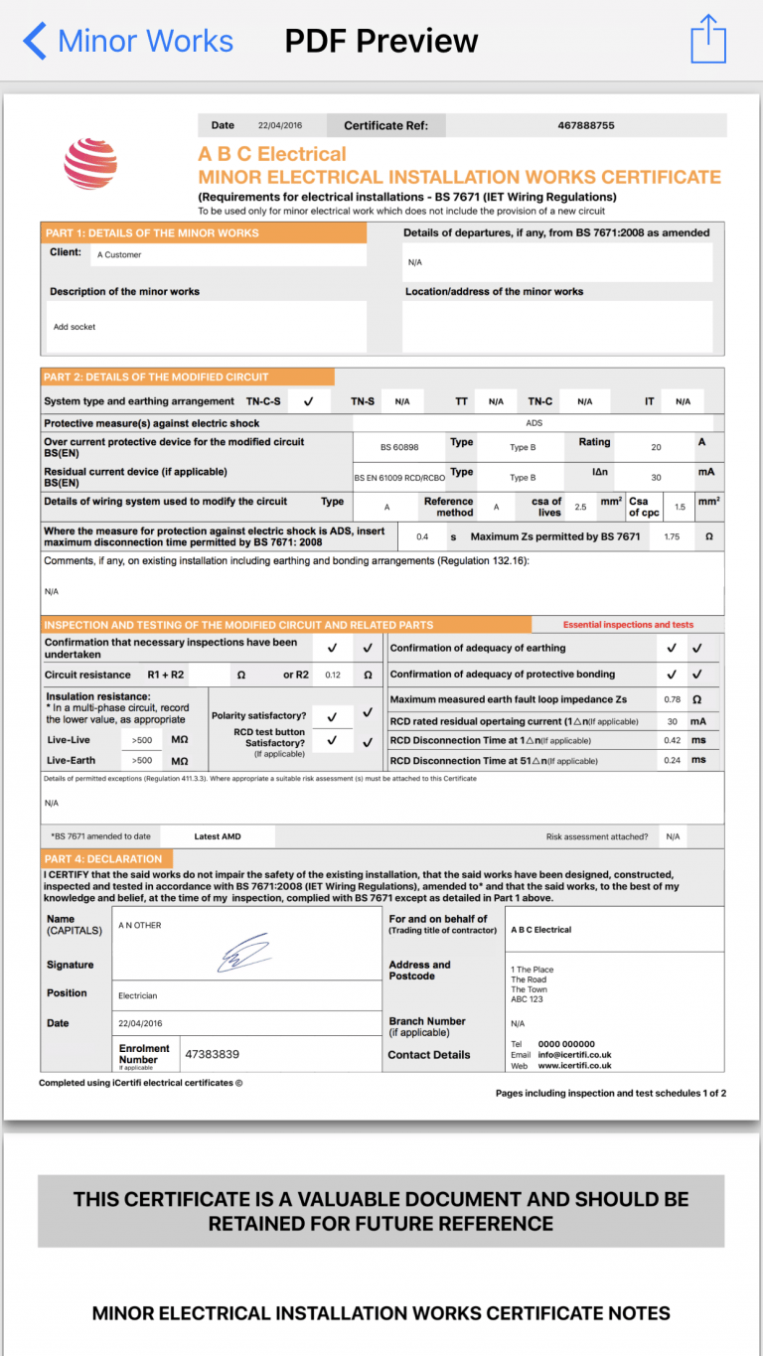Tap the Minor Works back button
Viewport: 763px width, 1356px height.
click(x=127, y=41)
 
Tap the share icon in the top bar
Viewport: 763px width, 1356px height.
click(x=708, y=40)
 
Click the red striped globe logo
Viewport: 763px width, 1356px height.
click(x=90, y=163)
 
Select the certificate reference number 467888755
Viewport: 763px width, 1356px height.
click(x=585, y=125)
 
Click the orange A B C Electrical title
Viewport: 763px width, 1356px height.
click(x=272, y=154)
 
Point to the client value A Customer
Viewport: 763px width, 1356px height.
click(x=119, y=255)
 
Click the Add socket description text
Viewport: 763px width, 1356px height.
click(x=75, y=327)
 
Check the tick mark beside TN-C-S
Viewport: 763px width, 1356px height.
click(x=308, y=401)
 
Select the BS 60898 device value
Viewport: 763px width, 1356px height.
click(x=399, y=448)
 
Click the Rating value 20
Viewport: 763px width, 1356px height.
click(x=656, y=448)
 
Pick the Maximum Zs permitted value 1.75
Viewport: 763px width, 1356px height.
click(x=672, y=537)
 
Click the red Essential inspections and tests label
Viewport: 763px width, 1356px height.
click(x=628, y=625)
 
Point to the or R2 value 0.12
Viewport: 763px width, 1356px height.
click(x=333, y=676)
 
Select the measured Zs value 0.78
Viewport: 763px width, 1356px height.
click(x=672, y=699)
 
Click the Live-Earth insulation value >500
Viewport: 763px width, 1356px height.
click(x=142, y=760)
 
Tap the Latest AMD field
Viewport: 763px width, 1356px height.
click(x=218, y=836)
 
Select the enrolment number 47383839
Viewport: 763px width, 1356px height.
click(x=212, y=1054)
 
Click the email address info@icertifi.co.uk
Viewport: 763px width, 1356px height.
click(x=574, y=1055)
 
